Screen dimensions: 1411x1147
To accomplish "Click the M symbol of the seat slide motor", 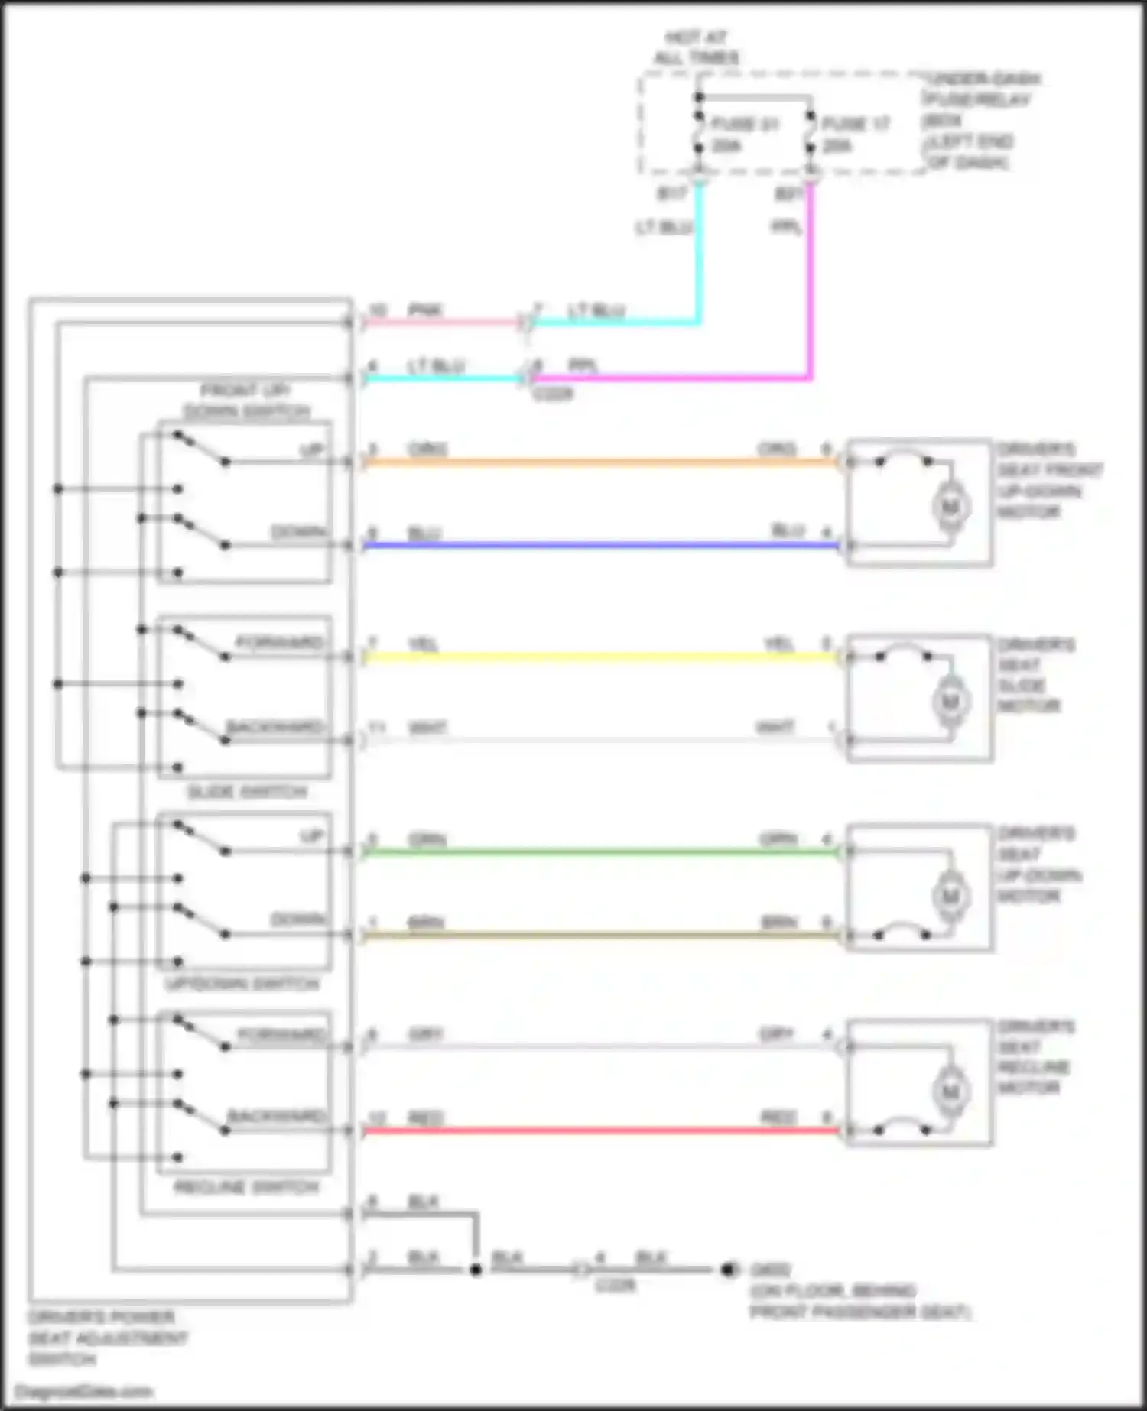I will pos(950,701).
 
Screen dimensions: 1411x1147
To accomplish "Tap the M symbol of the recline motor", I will pos(950,1091).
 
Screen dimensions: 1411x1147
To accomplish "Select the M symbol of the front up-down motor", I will pos(950,506).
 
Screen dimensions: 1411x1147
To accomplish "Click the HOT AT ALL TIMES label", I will pos(696,47).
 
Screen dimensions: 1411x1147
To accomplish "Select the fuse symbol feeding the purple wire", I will pos(811,134).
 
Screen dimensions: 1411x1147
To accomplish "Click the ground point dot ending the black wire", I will pos(728,1270).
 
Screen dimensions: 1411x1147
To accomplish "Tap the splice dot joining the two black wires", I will pos(476,1270).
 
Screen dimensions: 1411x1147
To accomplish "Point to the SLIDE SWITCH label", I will pos(247,792).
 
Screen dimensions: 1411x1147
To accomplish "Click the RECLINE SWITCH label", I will pos(246,1187).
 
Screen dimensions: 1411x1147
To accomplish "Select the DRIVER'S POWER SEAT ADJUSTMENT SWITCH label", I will pos(107,1338).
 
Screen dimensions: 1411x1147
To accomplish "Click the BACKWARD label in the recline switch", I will pos(277,1117).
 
